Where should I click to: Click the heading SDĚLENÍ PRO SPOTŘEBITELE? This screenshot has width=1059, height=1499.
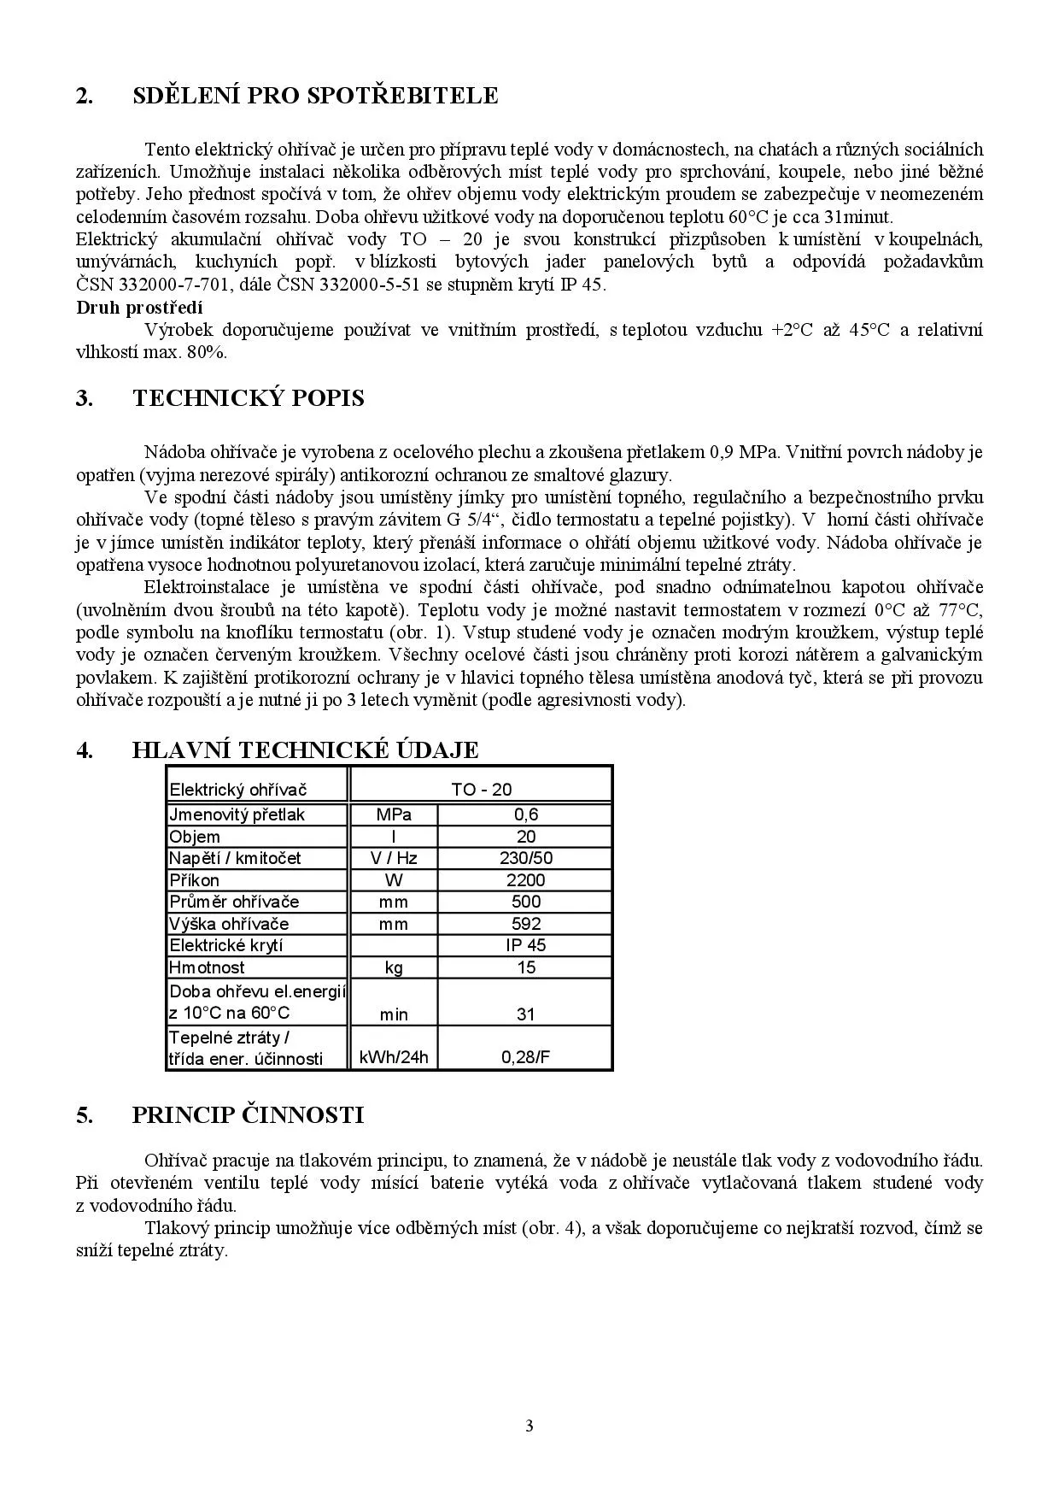315,96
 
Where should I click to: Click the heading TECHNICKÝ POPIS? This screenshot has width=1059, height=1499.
249,398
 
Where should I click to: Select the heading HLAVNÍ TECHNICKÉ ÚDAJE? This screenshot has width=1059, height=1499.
305,750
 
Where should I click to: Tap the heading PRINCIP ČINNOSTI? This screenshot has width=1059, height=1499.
248,1114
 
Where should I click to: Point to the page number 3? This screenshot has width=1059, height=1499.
529,1426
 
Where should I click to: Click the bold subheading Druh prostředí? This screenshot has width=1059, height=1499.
139,308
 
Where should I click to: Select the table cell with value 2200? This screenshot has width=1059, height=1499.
525,880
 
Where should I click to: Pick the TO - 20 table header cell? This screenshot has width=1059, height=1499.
481,790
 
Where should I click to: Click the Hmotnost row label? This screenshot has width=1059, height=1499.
207,967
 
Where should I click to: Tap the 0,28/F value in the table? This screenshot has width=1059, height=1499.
525,1057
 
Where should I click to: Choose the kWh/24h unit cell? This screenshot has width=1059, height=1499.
394,1057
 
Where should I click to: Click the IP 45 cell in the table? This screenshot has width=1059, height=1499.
525,945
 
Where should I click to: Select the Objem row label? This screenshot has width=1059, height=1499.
195,837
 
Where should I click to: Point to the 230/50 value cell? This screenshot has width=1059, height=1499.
525,858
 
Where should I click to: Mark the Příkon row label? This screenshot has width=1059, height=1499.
195,880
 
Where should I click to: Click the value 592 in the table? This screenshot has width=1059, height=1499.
525,924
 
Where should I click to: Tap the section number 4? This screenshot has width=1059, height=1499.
84,750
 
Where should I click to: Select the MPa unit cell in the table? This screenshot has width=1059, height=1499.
394,814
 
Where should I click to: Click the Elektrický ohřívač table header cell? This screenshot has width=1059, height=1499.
237,790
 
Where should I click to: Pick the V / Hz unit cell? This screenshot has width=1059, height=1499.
394,858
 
